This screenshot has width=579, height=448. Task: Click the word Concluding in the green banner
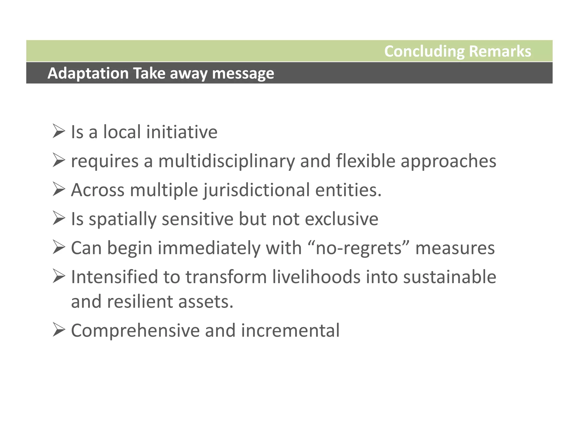[x=424, y=52]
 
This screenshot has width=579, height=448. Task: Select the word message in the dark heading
[x=243, y=73]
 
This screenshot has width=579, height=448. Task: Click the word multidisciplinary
[x=226, y=161]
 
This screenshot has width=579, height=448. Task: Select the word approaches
[x=448, y=161]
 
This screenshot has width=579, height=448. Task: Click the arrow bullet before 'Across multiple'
[x=59, y=189]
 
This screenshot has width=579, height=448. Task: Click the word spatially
[x=122, y=219]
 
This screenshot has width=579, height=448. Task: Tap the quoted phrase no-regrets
[x=358, y=248]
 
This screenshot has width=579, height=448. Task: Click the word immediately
[x=209, y=248]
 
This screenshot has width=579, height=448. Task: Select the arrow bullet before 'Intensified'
[x=59, y=276]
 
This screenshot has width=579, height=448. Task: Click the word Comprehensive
[x=135, y=331]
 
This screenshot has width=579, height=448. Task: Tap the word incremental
[x=290, y=330]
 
